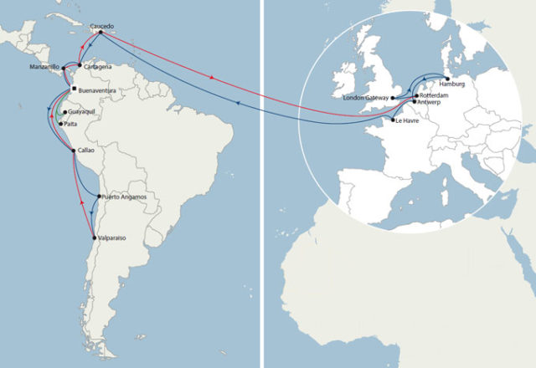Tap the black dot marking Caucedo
tap(100, 33)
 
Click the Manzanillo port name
tap(44, 66)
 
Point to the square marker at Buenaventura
tap(74, 89)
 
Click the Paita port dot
tap(59, 124)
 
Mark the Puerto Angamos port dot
tap(100, 197)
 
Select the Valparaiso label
tap(112, 238)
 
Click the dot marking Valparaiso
tap(94, 238)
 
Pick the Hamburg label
tap(451, 85)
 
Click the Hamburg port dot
tap(447, 79)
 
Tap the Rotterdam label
tap(434, 96)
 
